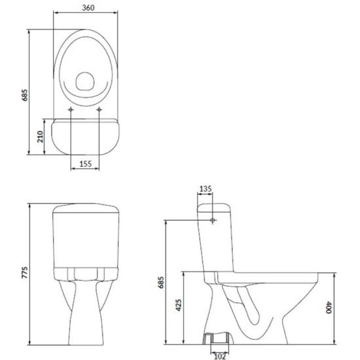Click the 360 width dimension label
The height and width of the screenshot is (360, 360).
pos(88,8)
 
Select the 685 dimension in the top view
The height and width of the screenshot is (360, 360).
pos(24,95)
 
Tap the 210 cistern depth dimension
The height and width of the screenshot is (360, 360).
pos(40,137)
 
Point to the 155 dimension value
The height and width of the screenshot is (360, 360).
pos(85,164)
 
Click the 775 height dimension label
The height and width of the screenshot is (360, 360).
pos(24,272)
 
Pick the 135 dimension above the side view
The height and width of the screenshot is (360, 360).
pos(206,189)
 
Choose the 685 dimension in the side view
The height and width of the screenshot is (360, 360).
pos(161,282)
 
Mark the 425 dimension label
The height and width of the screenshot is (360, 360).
pos(179,305)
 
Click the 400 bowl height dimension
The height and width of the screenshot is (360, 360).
pos(329,308)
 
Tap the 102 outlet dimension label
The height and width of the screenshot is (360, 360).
pos(220,356)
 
